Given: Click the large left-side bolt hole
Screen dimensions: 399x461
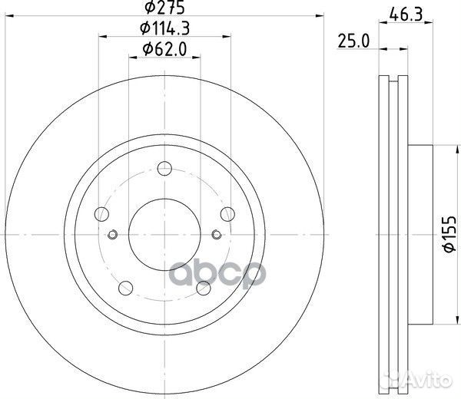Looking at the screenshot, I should pos(101,216).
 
